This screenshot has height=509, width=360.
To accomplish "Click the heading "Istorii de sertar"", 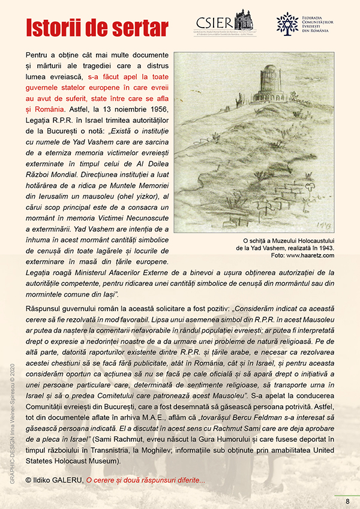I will click(96, 28).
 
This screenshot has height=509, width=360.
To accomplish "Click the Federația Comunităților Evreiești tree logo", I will click(287, 23).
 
